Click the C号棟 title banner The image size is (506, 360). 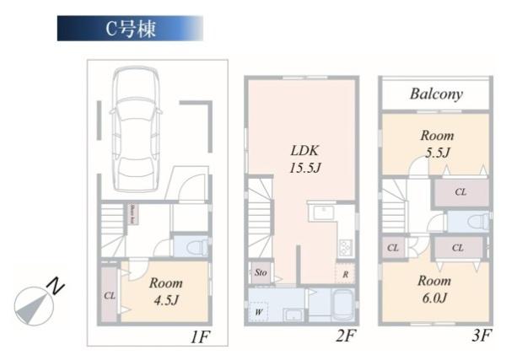tap(130, 27)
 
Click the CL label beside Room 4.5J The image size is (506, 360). tap(110, 296)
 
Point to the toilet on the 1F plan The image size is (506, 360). tap(193, 247)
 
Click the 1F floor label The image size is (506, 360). tap(199, 337)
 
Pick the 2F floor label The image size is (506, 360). tap(346, 337)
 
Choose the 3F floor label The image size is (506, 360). tap(481, 337)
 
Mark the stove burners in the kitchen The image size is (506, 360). tap(345, 247)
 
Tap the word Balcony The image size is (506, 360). tap(436, 94)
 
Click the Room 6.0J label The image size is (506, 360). tap(433, 289)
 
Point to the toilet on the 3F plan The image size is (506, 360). tap(476, 222)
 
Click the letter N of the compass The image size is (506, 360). tap(57, 287)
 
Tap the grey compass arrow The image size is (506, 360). tap(30, 309)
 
